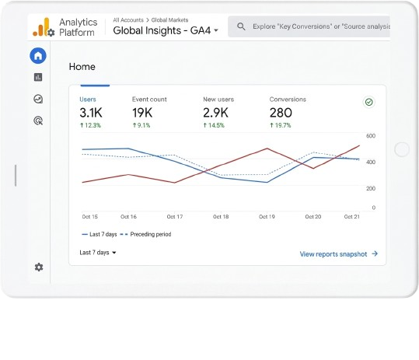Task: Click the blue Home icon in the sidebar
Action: click(x=38, y=56)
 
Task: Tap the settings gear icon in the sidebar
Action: click(x=39, y=267)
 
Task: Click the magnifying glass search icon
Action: click(x=241, y=26)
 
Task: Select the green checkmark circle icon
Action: click(x=369, y=102)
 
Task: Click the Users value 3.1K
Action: click(x=91, y=113)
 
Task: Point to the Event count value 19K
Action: click(x=142, y=113)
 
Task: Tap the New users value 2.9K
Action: click(x=215, y=113)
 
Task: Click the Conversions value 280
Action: click(x=281, y=113)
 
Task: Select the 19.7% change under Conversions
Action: click(x=281, y=125)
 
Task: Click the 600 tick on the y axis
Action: click(x=371, y=136)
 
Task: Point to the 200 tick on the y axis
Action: click(x=371, y=188)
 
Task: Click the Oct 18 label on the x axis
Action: click(x=221, y=216)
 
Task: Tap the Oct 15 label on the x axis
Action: click(x=90, y=216)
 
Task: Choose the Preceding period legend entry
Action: click(x=145, y=234)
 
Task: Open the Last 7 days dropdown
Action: click(x=98, y=253)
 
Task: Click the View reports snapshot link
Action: click(x=339, y=254)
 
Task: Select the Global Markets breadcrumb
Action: click(x=169, y=20)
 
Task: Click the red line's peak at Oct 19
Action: click(x=267, y=149)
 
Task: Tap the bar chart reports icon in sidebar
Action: click(x=38, y=77)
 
